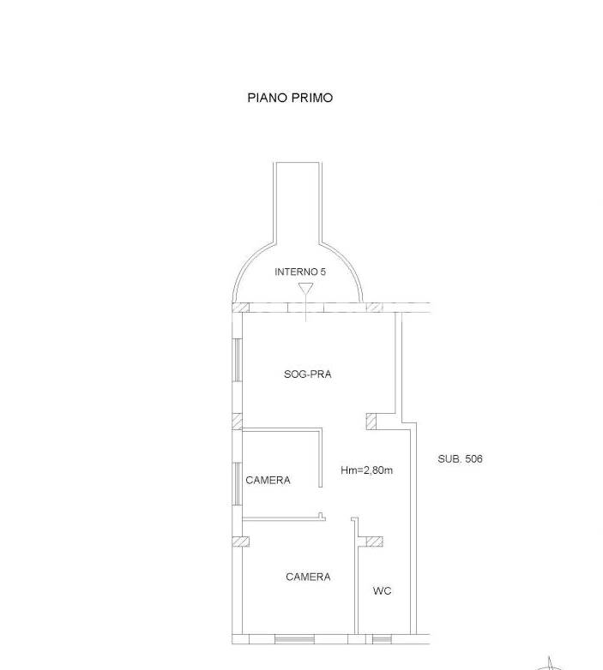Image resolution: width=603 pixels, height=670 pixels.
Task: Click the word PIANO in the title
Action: point(268,98)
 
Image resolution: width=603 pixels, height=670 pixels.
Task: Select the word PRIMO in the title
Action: point(311,98)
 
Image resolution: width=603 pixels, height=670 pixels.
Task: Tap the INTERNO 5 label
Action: point(300,272)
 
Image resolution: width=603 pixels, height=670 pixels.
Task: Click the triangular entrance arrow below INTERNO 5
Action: point(305,289)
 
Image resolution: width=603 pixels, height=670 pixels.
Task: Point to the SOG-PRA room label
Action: point(307,374)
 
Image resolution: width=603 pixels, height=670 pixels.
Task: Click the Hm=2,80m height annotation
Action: point(366,470)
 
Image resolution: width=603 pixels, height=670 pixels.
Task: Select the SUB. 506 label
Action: point(460,458)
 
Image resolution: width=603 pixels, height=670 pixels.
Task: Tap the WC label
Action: point(382,590)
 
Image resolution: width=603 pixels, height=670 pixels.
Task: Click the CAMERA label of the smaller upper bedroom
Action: point(268,481)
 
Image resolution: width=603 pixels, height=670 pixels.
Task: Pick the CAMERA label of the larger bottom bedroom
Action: point(308,577)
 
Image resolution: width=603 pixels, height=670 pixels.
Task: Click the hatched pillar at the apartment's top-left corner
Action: point(240,308)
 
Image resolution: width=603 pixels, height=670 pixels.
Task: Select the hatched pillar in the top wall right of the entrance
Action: point(375,308)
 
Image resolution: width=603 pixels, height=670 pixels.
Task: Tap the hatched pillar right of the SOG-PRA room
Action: point(371,422)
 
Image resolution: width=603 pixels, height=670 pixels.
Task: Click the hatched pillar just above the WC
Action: point(375,541)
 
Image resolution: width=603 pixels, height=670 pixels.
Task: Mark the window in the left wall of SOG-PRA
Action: point(238,360)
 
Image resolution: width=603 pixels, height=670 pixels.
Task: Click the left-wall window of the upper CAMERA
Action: point(238,484)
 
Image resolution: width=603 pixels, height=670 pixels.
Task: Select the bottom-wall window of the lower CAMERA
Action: point(294,639)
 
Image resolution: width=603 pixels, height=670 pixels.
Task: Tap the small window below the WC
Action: point(382,639)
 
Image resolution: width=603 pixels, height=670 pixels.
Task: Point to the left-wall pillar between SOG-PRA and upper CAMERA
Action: point(238,422)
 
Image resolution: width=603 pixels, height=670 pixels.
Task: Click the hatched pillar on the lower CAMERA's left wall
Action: point(240,541)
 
